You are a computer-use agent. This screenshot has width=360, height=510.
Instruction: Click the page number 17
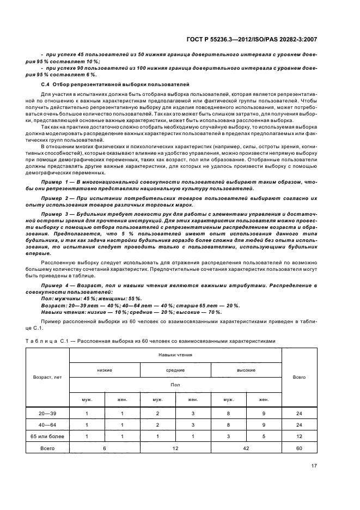tap(314, 465)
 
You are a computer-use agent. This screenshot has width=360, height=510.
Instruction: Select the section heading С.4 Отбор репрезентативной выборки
tap(115, 86)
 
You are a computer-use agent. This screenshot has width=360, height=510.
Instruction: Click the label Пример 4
tap(57, 286)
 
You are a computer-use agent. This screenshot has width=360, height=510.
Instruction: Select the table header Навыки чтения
tap(175, 355)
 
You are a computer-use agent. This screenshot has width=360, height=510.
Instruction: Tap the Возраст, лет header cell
tap(47, 377)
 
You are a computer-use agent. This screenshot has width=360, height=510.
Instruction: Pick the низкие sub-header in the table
tap(105, 370)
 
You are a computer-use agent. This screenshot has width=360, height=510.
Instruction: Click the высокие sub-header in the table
tap(246, 370)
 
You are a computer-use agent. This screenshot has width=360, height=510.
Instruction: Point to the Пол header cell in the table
tap(175, 384)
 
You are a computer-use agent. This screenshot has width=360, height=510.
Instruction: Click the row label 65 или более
tap(47, 436)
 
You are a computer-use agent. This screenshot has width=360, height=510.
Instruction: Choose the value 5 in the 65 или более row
tap(263, 436)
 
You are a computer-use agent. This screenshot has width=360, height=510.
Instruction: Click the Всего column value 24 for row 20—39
tap(299, 413)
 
